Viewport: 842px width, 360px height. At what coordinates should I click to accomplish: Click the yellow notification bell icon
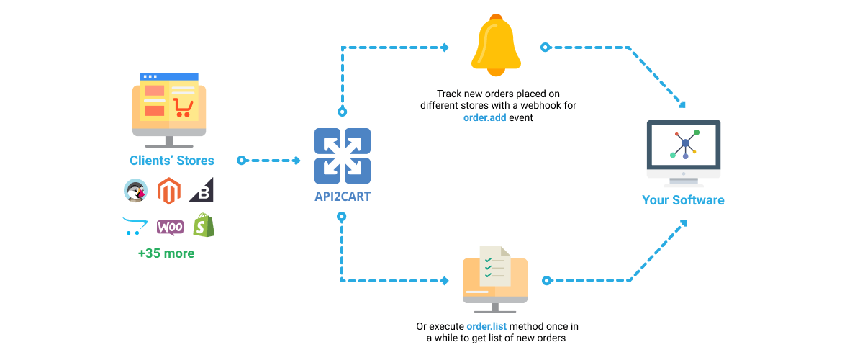click(x=495, y=46)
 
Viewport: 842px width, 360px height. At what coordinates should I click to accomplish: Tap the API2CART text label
click(x=343, y=196)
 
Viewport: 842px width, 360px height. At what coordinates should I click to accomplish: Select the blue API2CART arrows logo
click(x=343, y=156)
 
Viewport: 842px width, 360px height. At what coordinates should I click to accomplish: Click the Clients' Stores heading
click(x=171, y=161)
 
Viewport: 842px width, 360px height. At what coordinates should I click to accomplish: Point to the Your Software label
click(x=683, y=199)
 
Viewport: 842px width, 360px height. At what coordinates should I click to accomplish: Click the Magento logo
click(x=168, y=190)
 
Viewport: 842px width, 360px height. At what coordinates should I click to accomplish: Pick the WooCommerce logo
click(x=170, y=227)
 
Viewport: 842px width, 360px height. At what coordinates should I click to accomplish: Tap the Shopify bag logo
click(x=204, y=225)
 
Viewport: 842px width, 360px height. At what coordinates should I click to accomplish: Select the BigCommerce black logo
click(x=202, y=191)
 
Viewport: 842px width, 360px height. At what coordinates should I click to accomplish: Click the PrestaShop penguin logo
click(x=135, y=191)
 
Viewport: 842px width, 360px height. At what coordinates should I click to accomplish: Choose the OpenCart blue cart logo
click(x=135, y=226)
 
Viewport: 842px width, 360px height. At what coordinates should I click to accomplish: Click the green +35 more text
click(x=166, y=253)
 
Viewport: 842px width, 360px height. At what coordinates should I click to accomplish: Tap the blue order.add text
click(x=484, y=117)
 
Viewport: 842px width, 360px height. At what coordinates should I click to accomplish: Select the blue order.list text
click(x=486, y=326)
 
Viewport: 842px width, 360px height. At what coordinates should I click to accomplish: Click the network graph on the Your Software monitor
click(x=684, y=143)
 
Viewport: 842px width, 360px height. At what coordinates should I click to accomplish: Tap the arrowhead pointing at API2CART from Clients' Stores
click(x=296, y=161)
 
